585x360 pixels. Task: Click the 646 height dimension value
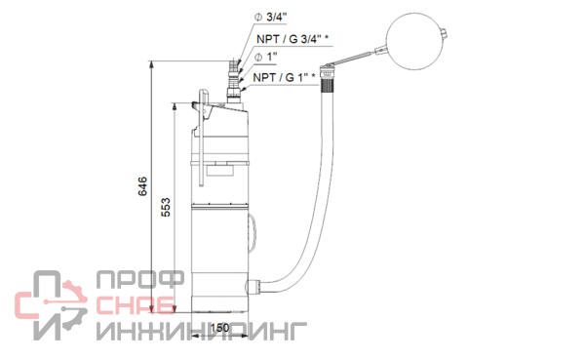(142, 186)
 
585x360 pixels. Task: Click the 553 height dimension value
(166, 207)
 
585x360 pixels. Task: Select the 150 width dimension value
(219, 328)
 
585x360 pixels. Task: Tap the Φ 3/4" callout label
(270, 18)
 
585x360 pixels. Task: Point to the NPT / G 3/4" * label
(292, 39)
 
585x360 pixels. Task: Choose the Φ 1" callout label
(265, 58)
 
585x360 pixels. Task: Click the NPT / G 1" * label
(285, 78)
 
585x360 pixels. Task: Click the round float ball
(414, 41)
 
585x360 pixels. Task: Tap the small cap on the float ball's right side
(444, 34)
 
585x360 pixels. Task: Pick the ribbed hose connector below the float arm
(328, 79)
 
